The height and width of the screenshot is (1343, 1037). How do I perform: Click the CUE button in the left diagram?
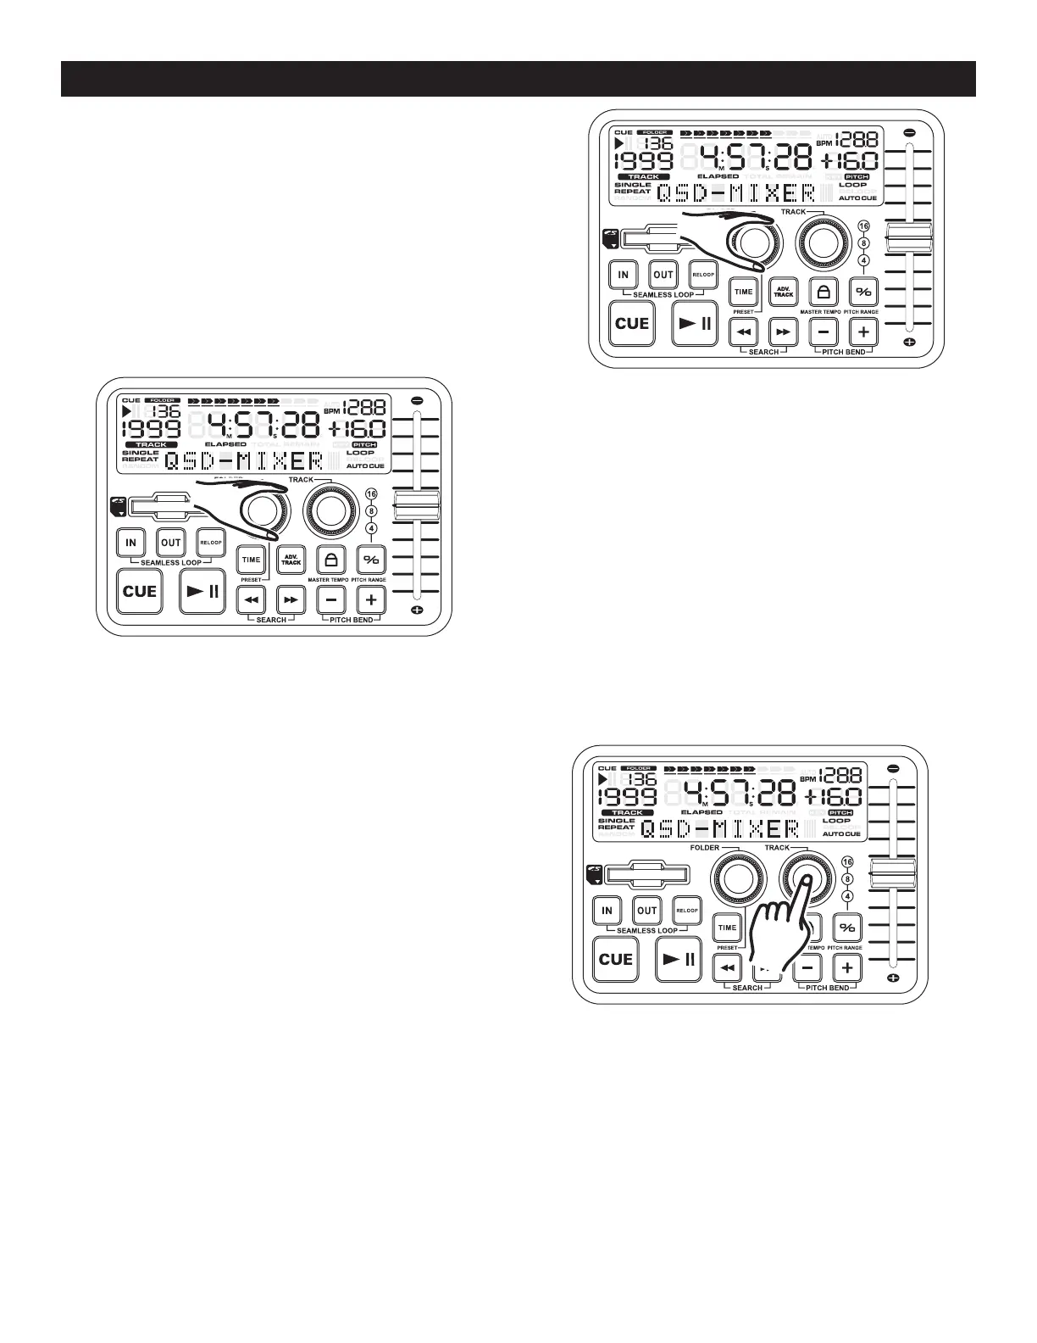click(140, 591)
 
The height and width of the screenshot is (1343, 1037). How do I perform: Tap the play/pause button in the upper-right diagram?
click(695, 323)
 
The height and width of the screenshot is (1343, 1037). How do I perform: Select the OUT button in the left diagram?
click(171, 543)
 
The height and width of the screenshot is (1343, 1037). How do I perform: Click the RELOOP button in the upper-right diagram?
click(703, 274)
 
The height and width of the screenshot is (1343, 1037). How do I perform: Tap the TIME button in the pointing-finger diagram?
click(728, 928)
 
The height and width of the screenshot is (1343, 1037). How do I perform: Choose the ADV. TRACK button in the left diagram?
click(291, 560)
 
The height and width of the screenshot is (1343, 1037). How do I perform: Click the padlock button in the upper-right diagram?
click(823, 292)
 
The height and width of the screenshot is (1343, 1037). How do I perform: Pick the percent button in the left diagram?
click(371, 560)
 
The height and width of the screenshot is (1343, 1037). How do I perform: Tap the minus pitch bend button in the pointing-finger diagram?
click(808, 967)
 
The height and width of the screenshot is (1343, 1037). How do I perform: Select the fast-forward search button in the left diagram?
click(291, 599)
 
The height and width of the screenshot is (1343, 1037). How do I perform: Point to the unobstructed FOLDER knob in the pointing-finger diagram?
click(735, 878)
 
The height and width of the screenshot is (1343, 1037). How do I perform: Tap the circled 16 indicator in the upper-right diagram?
click(863, 226)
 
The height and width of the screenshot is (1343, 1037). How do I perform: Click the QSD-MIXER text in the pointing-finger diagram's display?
click(720, 828)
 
